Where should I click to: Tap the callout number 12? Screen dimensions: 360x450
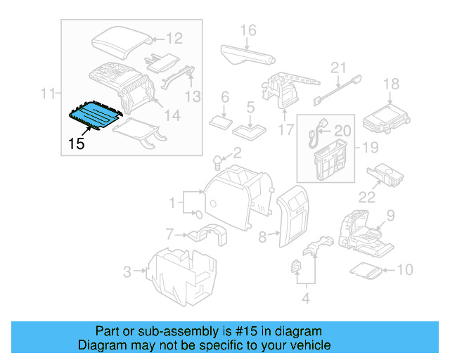tap(174, 39)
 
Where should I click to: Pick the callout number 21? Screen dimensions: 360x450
tap(340, 67)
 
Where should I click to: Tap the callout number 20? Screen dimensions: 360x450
tap(342, 130)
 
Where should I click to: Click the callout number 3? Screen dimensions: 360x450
tap(127, 270)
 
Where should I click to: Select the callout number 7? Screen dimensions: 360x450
tap(169, 233)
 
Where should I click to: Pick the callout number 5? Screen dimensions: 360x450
tap(250, 108)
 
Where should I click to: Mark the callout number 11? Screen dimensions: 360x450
tap(48, 93)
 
